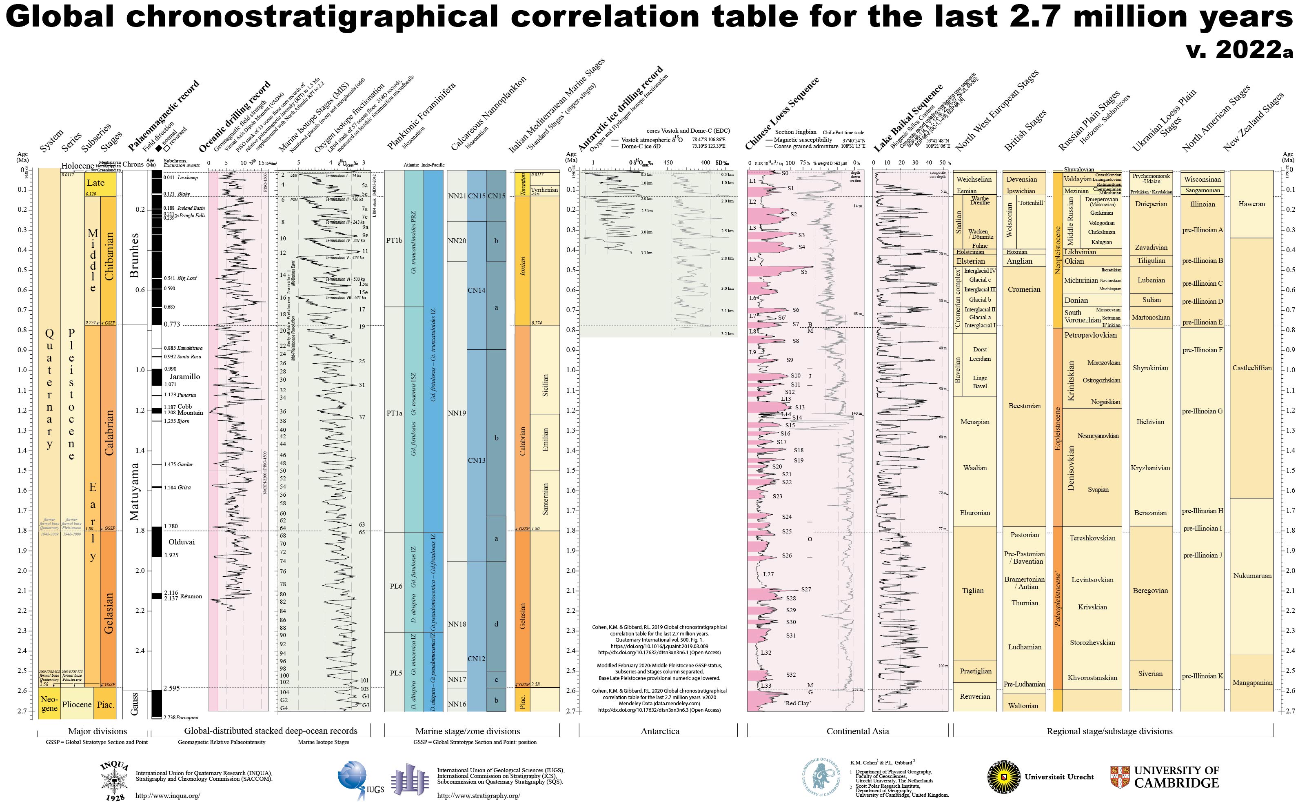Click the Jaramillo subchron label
point(184,377)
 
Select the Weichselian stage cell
point(974,179)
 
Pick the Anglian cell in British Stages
point(1020,261)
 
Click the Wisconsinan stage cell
point(1202,179)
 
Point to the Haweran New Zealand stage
point(1251,204)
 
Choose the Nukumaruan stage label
point(1252,575)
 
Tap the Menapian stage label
point(974,422)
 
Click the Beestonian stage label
point(1024,406)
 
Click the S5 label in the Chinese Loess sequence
point(804,271)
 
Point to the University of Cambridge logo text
point(1176,777)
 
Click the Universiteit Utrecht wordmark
point(1059,777)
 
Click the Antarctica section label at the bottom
point(659,731)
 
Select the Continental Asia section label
point(857,731)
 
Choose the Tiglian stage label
point(972,590)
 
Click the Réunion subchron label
point(191,596)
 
